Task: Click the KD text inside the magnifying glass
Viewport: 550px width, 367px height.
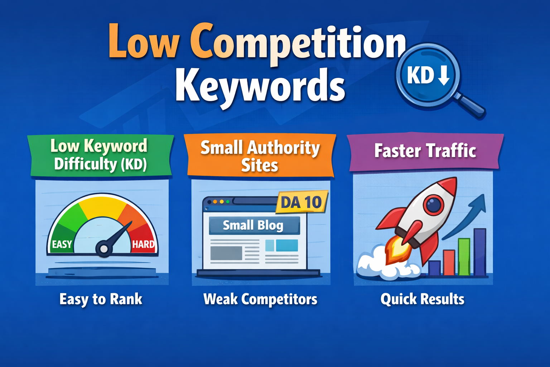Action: click(420, 76)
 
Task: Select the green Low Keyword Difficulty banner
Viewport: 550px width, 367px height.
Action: click(101, 156)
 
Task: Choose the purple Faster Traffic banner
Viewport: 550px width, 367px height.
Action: click(425, 151)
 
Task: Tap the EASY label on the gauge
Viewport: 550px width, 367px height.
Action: click(62, 244)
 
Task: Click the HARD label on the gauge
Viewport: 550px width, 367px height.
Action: click(143, 244)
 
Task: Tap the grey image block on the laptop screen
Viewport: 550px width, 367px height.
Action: click(226, 253)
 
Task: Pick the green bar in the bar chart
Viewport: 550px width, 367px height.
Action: click(464, 257)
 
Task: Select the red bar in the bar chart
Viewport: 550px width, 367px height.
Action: click(449, 262)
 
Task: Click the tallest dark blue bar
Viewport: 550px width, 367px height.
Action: click(480, 252)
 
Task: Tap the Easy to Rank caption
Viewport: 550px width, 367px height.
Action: click(101, 299)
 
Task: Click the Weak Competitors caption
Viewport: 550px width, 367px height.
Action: click(260, 299)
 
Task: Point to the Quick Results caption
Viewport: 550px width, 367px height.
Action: click(423, 299)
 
